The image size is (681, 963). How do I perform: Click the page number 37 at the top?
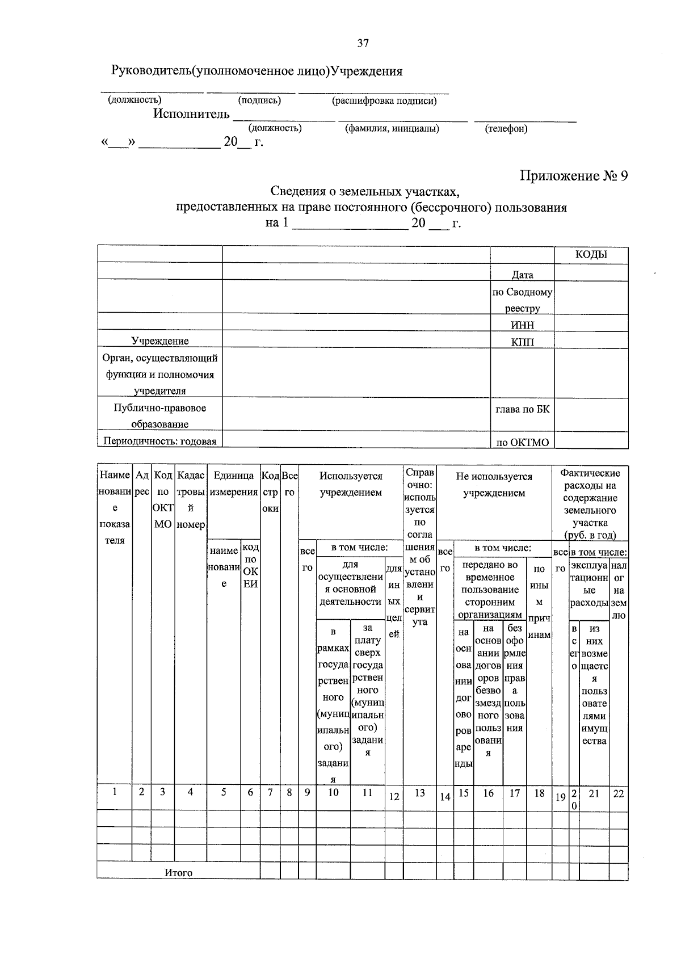[x=363, y=43]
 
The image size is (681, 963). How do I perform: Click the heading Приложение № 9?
[x=574, y=175]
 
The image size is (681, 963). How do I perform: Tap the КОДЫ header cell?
[x=591, y=254]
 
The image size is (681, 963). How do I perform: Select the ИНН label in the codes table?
[x=522, y=325]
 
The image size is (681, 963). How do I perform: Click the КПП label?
[x=522, y=342]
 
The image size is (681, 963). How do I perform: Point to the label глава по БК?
[x=522, y=409]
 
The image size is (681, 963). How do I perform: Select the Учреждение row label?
[x=160, y=341]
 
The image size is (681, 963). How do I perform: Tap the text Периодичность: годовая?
[x=159, y=441]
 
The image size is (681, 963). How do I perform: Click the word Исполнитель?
[x=191, y=114]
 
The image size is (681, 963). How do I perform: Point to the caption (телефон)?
[x=506, y=129]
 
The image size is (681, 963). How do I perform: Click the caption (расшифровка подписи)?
[x=384, y=101]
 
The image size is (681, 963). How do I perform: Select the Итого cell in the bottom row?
[x=178, y=873]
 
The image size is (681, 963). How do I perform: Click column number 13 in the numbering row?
[x=419, y=793]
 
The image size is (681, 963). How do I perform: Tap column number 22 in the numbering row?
[x=618, y=793]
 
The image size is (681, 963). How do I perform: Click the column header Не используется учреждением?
[x=494, y=485]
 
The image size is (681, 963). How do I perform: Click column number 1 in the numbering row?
[x=114, y=791]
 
